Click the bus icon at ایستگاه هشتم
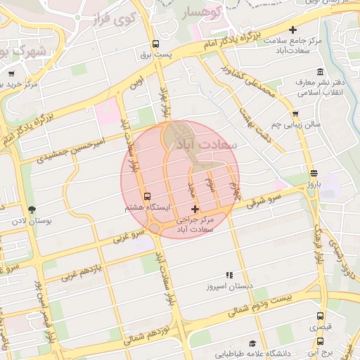click(x=147, y=197)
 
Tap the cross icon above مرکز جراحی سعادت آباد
click(x=195, y=209)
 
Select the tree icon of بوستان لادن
click(x=31, y=210)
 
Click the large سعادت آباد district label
click(x=206, y=143)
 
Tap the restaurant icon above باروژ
click(x=313, y=172)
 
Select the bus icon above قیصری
click(x=321, y=316)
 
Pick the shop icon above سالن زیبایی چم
click(x=295, y=114)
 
